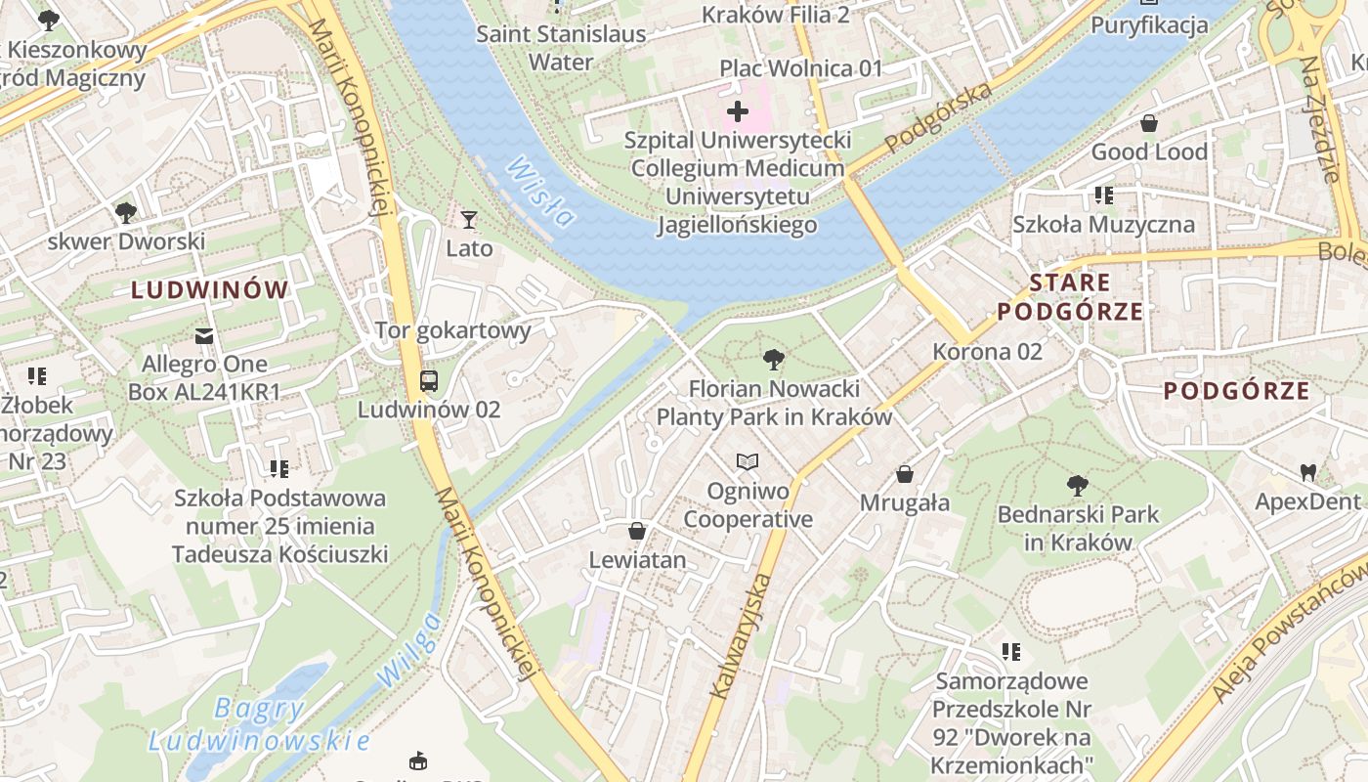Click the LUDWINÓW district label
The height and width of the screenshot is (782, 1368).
[210, 289]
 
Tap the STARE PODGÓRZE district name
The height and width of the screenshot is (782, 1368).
[1070, 297]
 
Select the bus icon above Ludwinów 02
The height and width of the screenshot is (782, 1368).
[428, 380]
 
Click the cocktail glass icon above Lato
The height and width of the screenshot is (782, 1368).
[469, 219]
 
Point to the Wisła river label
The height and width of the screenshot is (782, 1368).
[538, 191]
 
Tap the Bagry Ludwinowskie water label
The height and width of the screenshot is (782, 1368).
[259, 724]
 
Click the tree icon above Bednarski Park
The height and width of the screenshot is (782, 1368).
[1077, 485]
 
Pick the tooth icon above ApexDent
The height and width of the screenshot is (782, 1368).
[1307, 473]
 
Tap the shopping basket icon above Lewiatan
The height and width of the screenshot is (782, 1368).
[637, 531]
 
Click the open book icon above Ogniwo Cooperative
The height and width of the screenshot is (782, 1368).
[748, 461]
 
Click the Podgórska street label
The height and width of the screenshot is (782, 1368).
[938, 118]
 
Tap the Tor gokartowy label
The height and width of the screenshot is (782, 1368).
[453, 330]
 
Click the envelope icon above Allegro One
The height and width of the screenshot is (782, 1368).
[204, 336]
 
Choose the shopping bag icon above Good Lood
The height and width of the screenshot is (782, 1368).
[1149, 123]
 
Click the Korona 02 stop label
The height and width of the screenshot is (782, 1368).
[987, 352]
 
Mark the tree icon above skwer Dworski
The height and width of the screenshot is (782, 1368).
[125, 212]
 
